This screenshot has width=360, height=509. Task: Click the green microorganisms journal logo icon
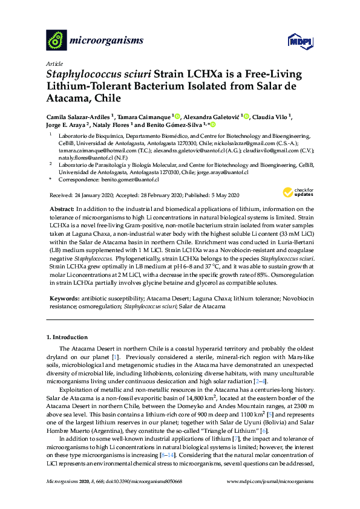pyautogui.click(x=57, y=41)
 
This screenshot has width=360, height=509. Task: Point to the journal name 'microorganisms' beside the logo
pyautogui.click(x=107, y=41)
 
